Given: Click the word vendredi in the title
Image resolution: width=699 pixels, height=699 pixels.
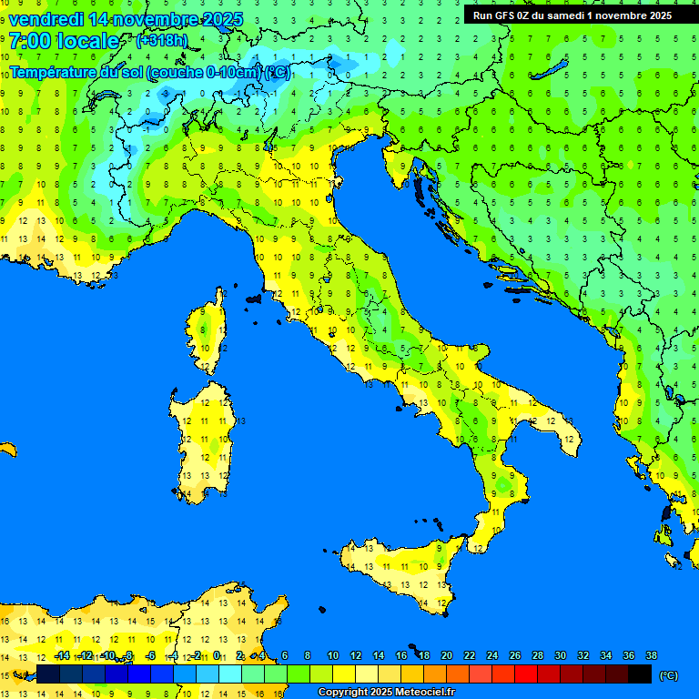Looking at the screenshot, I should (47, 19).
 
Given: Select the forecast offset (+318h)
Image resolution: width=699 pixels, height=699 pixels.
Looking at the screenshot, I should (162, 41).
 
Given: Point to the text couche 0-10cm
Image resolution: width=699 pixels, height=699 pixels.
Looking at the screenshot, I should (205, 72).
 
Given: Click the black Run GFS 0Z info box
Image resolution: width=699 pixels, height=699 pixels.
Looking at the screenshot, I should (572, 15).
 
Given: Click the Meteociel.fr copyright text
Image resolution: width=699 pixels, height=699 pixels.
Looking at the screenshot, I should (386, 693).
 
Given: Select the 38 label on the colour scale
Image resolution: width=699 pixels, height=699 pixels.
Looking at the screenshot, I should (651, 655).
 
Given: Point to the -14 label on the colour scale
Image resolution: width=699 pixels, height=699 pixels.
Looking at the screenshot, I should (62, 655).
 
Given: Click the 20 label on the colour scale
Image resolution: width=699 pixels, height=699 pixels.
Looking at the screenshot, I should (447, 655).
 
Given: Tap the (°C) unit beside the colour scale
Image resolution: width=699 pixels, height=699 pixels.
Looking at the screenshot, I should (668, 674).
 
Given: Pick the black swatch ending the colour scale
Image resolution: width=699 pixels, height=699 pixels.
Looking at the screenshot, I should (640, 674).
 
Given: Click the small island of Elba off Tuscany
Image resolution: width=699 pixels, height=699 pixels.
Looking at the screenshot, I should (254, 298).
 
